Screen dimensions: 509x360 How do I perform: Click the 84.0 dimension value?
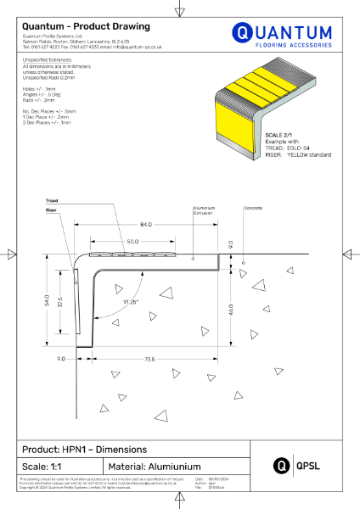[146, 224]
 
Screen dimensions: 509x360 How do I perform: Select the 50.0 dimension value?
[134, 242]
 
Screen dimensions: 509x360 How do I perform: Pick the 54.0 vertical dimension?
[48, 300]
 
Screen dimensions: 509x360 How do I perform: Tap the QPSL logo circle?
[280, 465]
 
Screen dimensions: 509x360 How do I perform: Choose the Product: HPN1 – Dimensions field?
[84, 449]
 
